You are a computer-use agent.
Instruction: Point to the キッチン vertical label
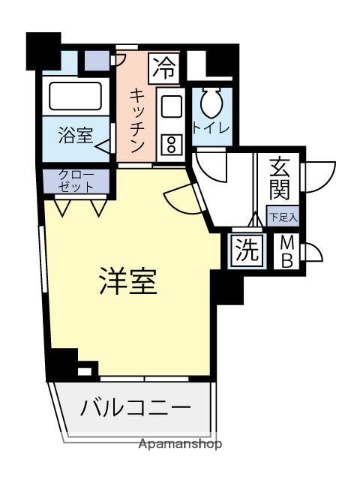pyautogui.click(x=137, y=119)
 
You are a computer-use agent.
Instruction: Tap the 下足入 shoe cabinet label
pyautogui.click(x=283, y=216)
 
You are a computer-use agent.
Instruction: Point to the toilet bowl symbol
pyautogui.click(x=212, y=103)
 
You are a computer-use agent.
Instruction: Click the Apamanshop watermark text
pyautogui.click(x=181, y=443)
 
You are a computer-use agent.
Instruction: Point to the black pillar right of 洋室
pyautogui.click(x=227, y=289)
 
